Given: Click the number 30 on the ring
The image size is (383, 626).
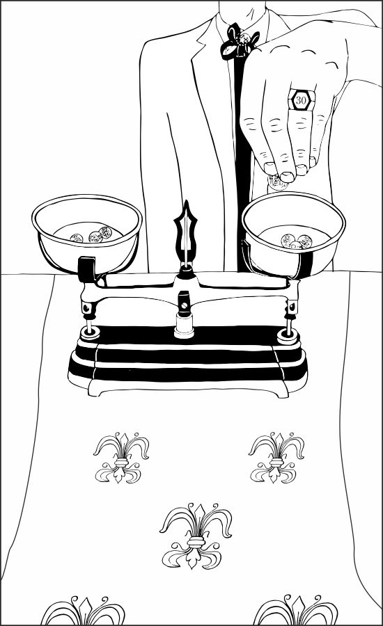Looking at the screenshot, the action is [x=301, y=100].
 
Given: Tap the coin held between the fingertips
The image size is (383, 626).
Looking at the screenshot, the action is [x=276, y=183].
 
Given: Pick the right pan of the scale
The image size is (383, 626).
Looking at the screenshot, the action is [x=293, y=234].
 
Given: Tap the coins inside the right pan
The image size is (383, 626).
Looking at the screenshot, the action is [x=296, y=241].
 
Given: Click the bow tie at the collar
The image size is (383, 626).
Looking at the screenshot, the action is [x=239, y=43].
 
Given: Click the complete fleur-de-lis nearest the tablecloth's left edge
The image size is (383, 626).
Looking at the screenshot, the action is [x=120, y=458].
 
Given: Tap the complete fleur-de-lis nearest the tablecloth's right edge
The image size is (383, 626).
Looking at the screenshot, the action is [x=276, y=458].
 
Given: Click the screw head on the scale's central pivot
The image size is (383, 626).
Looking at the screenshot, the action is [x=184, y=305].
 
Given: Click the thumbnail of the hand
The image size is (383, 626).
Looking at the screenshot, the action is [x=287, y=176].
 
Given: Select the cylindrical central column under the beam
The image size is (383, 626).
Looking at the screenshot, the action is [x=184, y=325].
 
